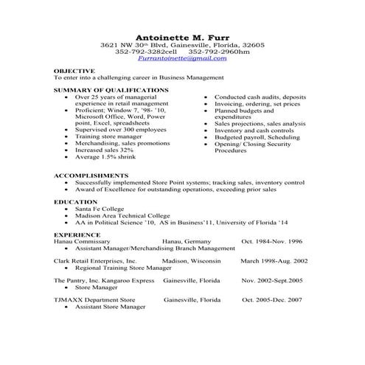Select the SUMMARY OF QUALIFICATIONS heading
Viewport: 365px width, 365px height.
pyautogui.click(x=111, y=89)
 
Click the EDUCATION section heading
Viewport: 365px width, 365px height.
pyautogui.click(x=74, y=201)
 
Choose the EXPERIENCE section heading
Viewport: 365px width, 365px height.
pyautogui.click(x=76, y=234)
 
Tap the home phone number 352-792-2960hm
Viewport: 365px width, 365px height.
pyautogui.click(x=219, y=52)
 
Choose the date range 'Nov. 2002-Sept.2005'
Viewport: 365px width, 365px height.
pyautogui.click(x=272, y=281)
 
